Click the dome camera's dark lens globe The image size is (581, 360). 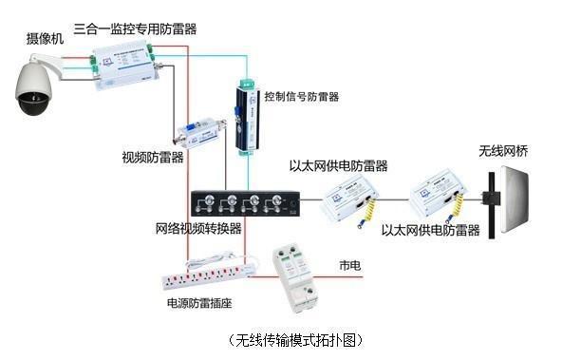pos(33,103)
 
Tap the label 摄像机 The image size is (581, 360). pos(45,39)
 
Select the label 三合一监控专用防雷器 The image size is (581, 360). pos(135,28)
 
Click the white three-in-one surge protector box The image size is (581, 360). pos(124,66)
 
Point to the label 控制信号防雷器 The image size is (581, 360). pos(301,97)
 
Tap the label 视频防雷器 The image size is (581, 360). pos(153,158)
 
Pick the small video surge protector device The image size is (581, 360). pos(200,134)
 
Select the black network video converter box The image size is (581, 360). pos(245,203)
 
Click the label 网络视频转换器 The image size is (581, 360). pos(198,228)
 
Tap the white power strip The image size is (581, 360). pos(210,272)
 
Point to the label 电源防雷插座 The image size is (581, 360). pos(199,303)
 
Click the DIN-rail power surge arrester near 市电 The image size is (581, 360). pos(295,277)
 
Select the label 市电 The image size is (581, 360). pos(349,265)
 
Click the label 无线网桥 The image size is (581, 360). pos(503,151)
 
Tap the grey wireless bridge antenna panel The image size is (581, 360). pos(515,199)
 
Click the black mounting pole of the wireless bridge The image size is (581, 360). pos(492,205)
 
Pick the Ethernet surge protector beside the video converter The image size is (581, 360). pos(349,202)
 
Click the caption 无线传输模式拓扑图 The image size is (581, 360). pos(295,340)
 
